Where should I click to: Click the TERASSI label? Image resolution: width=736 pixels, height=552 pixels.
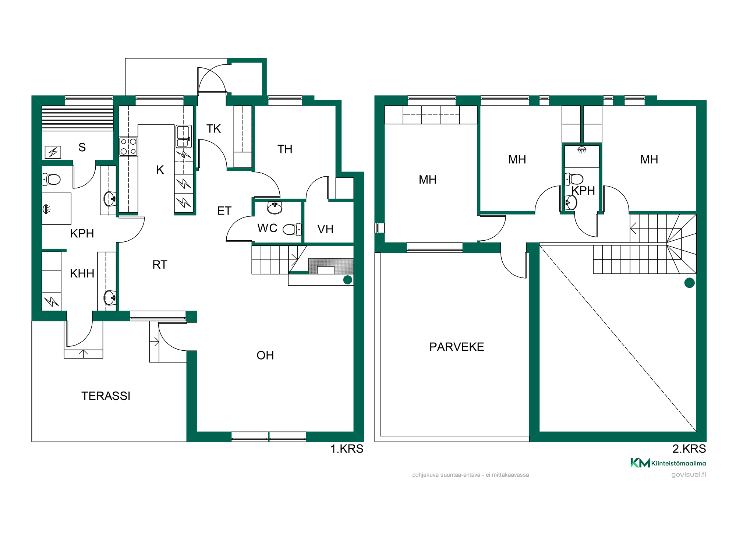(x=106, y=396)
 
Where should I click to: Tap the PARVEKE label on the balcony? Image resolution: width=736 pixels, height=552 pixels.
(x=457, y=347)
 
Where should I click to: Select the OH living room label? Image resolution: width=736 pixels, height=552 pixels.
(x=265, y=355)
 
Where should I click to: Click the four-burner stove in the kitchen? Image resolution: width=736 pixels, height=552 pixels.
(x=128, y=146)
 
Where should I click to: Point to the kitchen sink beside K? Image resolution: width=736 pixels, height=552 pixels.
(x=184, y=137)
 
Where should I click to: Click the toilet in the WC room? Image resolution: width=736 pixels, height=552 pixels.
(x=292, y=230)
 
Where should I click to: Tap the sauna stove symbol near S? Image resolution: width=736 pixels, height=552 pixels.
(x=53, y=152)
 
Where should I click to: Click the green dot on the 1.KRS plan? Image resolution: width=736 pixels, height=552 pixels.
(x=348, y=280)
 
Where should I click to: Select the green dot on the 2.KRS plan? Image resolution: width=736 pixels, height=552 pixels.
(x=689, y=283)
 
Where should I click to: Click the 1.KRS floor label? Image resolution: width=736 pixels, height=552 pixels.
(x=347, y=449)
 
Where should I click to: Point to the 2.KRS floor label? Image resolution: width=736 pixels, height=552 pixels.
(x=689, y=449)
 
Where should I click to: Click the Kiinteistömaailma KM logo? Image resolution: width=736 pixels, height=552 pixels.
(x=640, y=463)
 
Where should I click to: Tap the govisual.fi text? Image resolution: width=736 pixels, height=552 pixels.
(x=689, y=474)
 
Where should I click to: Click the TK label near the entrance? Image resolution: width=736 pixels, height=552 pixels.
(x=213, y=128)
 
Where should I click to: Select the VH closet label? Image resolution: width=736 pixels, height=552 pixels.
(x=325, y=229)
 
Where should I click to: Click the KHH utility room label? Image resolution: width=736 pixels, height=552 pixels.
(x=82, y=273)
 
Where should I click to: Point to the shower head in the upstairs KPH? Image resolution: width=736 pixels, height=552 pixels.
(x=581, y=149)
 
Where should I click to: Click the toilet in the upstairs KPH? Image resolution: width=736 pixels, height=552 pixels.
(x=574, y=179)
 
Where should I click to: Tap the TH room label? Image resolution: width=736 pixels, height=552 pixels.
(x=285, y=149)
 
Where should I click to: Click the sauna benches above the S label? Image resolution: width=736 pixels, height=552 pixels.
(x=78, y=118)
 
